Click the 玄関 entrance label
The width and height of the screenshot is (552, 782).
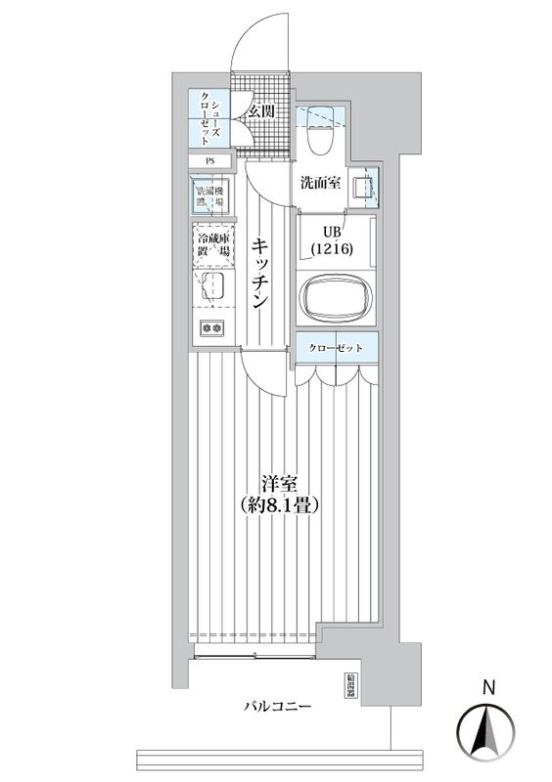(x=260, y=111)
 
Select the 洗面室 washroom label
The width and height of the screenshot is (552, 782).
(x=319, y=183)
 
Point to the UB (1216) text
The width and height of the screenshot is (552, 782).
(x=327, y=240)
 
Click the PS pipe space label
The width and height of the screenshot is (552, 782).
(x=209, y=161)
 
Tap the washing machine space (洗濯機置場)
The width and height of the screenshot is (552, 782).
(x=210, y=195)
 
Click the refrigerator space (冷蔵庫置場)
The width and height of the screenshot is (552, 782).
(x=211, y=243)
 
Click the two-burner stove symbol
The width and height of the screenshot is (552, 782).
(x=211, y=328)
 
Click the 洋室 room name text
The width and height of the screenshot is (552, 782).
(x=279, y=483)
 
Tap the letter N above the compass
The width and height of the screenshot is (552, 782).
(x=486, y=688)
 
